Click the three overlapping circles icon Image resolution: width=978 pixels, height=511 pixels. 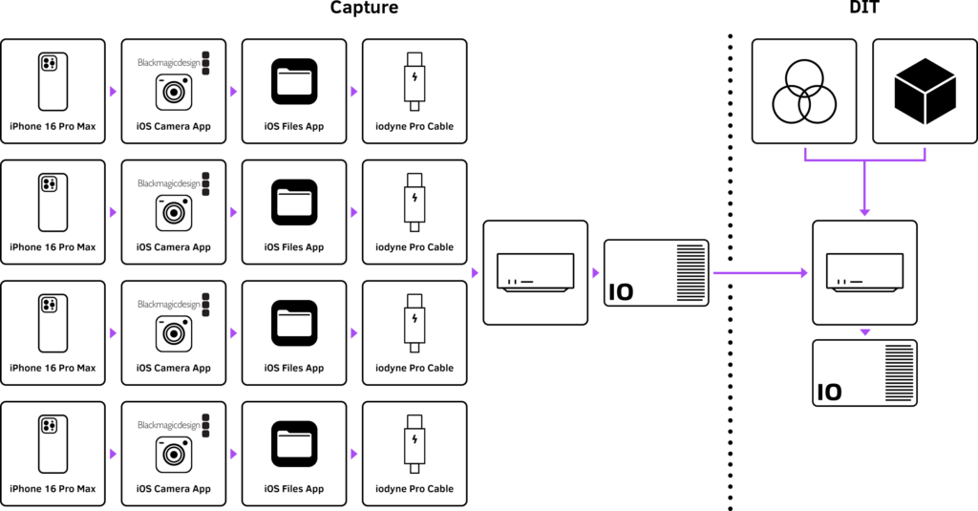pos(803,91)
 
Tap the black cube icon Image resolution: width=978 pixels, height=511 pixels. pos(925,92)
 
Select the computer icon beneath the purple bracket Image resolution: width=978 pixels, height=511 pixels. pos(864,271)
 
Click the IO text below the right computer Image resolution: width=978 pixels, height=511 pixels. pos(829,392)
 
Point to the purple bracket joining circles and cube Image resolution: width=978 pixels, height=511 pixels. pos(864,159)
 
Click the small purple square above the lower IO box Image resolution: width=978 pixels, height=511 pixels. pos(864,333)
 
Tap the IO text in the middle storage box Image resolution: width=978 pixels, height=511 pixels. pos(621,291)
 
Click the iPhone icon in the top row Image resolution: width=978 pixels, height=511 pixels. pos(53,81)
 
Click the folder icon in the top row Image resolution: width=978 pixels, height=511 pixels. pos(294,81)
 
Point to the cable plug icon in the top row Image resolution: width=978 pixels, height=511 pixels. pos(415,81)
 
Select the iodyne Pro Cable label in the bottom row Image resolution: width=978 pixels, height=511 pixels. pos(415,489)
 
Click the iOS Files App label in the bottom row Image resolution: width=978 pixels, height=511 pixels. pos(294,489)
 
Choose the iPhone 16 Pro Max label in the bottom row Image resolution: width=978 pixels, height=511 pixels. pos(53,489)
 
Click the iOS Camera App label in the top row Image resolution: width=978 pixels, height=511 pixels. pos(174,126)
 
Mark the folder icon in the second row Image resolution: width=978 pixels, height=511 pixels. pos(294,202)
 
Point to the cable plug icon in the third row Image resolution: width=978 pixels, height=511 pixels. pos(415,323)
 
